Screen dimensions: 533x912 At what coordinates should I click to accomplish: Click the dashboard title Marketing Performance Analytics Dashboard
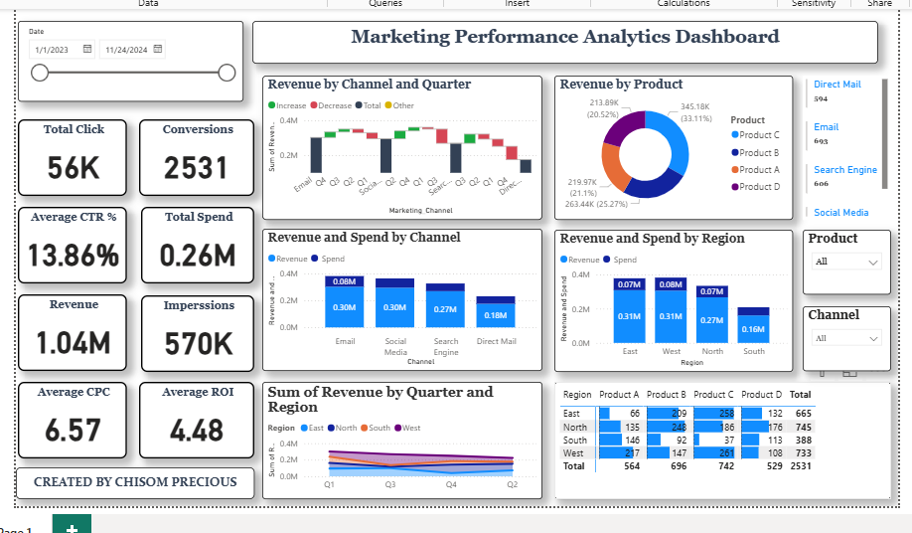tap(565, 38)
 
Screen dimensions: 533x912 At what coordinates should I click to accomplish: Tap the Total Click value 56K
tap(75, 168)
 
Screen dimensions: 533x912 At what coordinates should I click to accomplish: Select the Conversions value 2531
tap(197, 168)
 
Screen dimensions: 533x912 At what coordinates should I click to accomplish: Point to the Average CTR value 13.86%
tap(74, 256)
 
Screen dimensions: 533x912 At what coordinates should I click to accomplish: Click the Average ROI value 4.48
tap(197, 430)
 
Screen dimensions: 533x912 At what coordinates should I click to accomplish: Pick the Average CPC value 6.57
tap(74, 430)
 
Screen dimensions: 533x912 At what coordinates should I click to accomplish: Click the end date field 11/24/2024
tap(125, 49)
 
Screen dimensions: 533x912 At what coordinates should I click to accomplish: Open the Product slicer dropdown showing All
tap(846, 262)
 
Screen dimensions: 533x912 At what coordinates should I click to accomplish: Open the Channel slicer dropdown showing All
tap(846, 338)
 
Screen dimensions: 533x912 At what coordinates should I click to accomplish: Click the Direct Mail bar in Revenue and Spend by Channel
tap(496, 312)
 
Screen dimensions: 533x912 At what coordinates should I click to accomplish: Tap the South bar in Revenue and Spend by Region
tap(754, 325)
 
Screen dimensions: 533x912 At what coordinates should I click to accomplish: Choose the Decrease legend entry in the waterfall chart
tap(333, 105)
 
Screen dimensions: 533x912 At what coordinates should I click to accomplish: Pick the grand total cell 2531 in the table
tap(801, 465)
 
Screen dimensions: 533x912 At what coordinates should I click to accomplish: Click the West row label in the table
tap(572, 452)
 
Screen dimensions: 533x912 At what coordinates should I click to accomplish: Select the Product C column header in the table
tap(713, 395)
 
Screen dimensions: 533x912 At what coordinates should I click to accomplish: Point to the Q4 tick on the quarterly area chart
tap(452, 484)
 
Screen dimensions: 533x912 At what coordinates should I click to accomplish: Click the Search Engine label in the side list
tap(844, 170)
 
